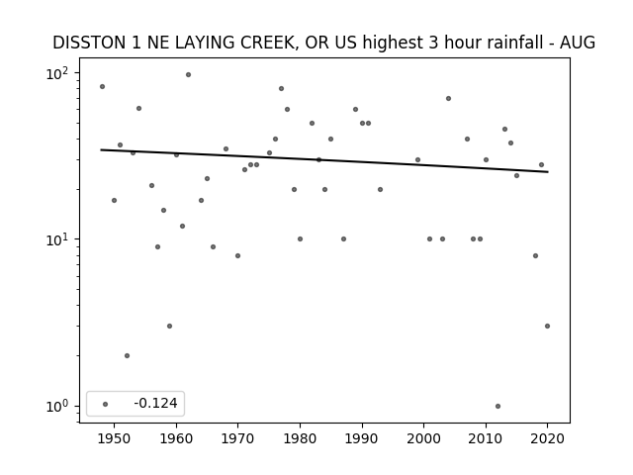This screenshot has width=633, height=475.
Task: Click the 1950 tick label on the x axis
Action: coord(115,438)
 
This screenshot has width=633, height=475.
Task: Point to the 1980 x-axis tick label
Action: coord(300,438)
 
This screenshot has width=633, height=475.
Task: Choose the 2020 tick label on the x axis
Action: coord(547,438)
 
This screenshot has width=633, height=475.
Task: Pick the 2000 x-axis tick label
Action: coord(424,438)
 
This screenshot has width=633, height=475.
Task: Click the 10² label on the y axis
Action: coord(57,73)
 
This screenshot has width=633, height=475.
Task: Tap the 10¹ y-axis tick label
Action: coord(57,239)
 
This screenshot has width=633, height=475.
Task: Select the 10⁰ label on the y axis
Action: coord(57,407)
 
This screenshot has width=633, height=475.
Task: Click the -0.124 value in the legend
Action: coord(155,403)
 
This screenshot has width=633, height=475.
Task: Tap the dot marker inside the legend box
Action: coord(106,404)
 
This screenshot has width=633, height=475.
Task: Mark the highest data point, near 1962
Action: coord(188,75)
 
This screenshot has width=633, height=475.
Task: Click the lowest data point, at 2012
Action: coord(497,407)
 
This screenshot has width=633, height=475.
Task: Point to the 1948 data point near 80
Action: coord(102,86)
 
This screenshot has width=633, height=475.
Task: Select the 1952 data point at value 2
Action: coord(127,356)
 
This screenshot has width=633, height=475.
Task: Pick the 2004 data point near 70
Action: coord(448,99)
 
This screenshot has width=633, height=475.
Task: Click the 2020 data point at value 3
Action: coord(547,326)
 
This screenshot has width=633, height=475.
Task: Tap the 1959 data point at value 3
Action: coord(169,326)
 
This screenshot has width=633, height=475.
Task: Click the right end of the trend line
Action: coord(548,172)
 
